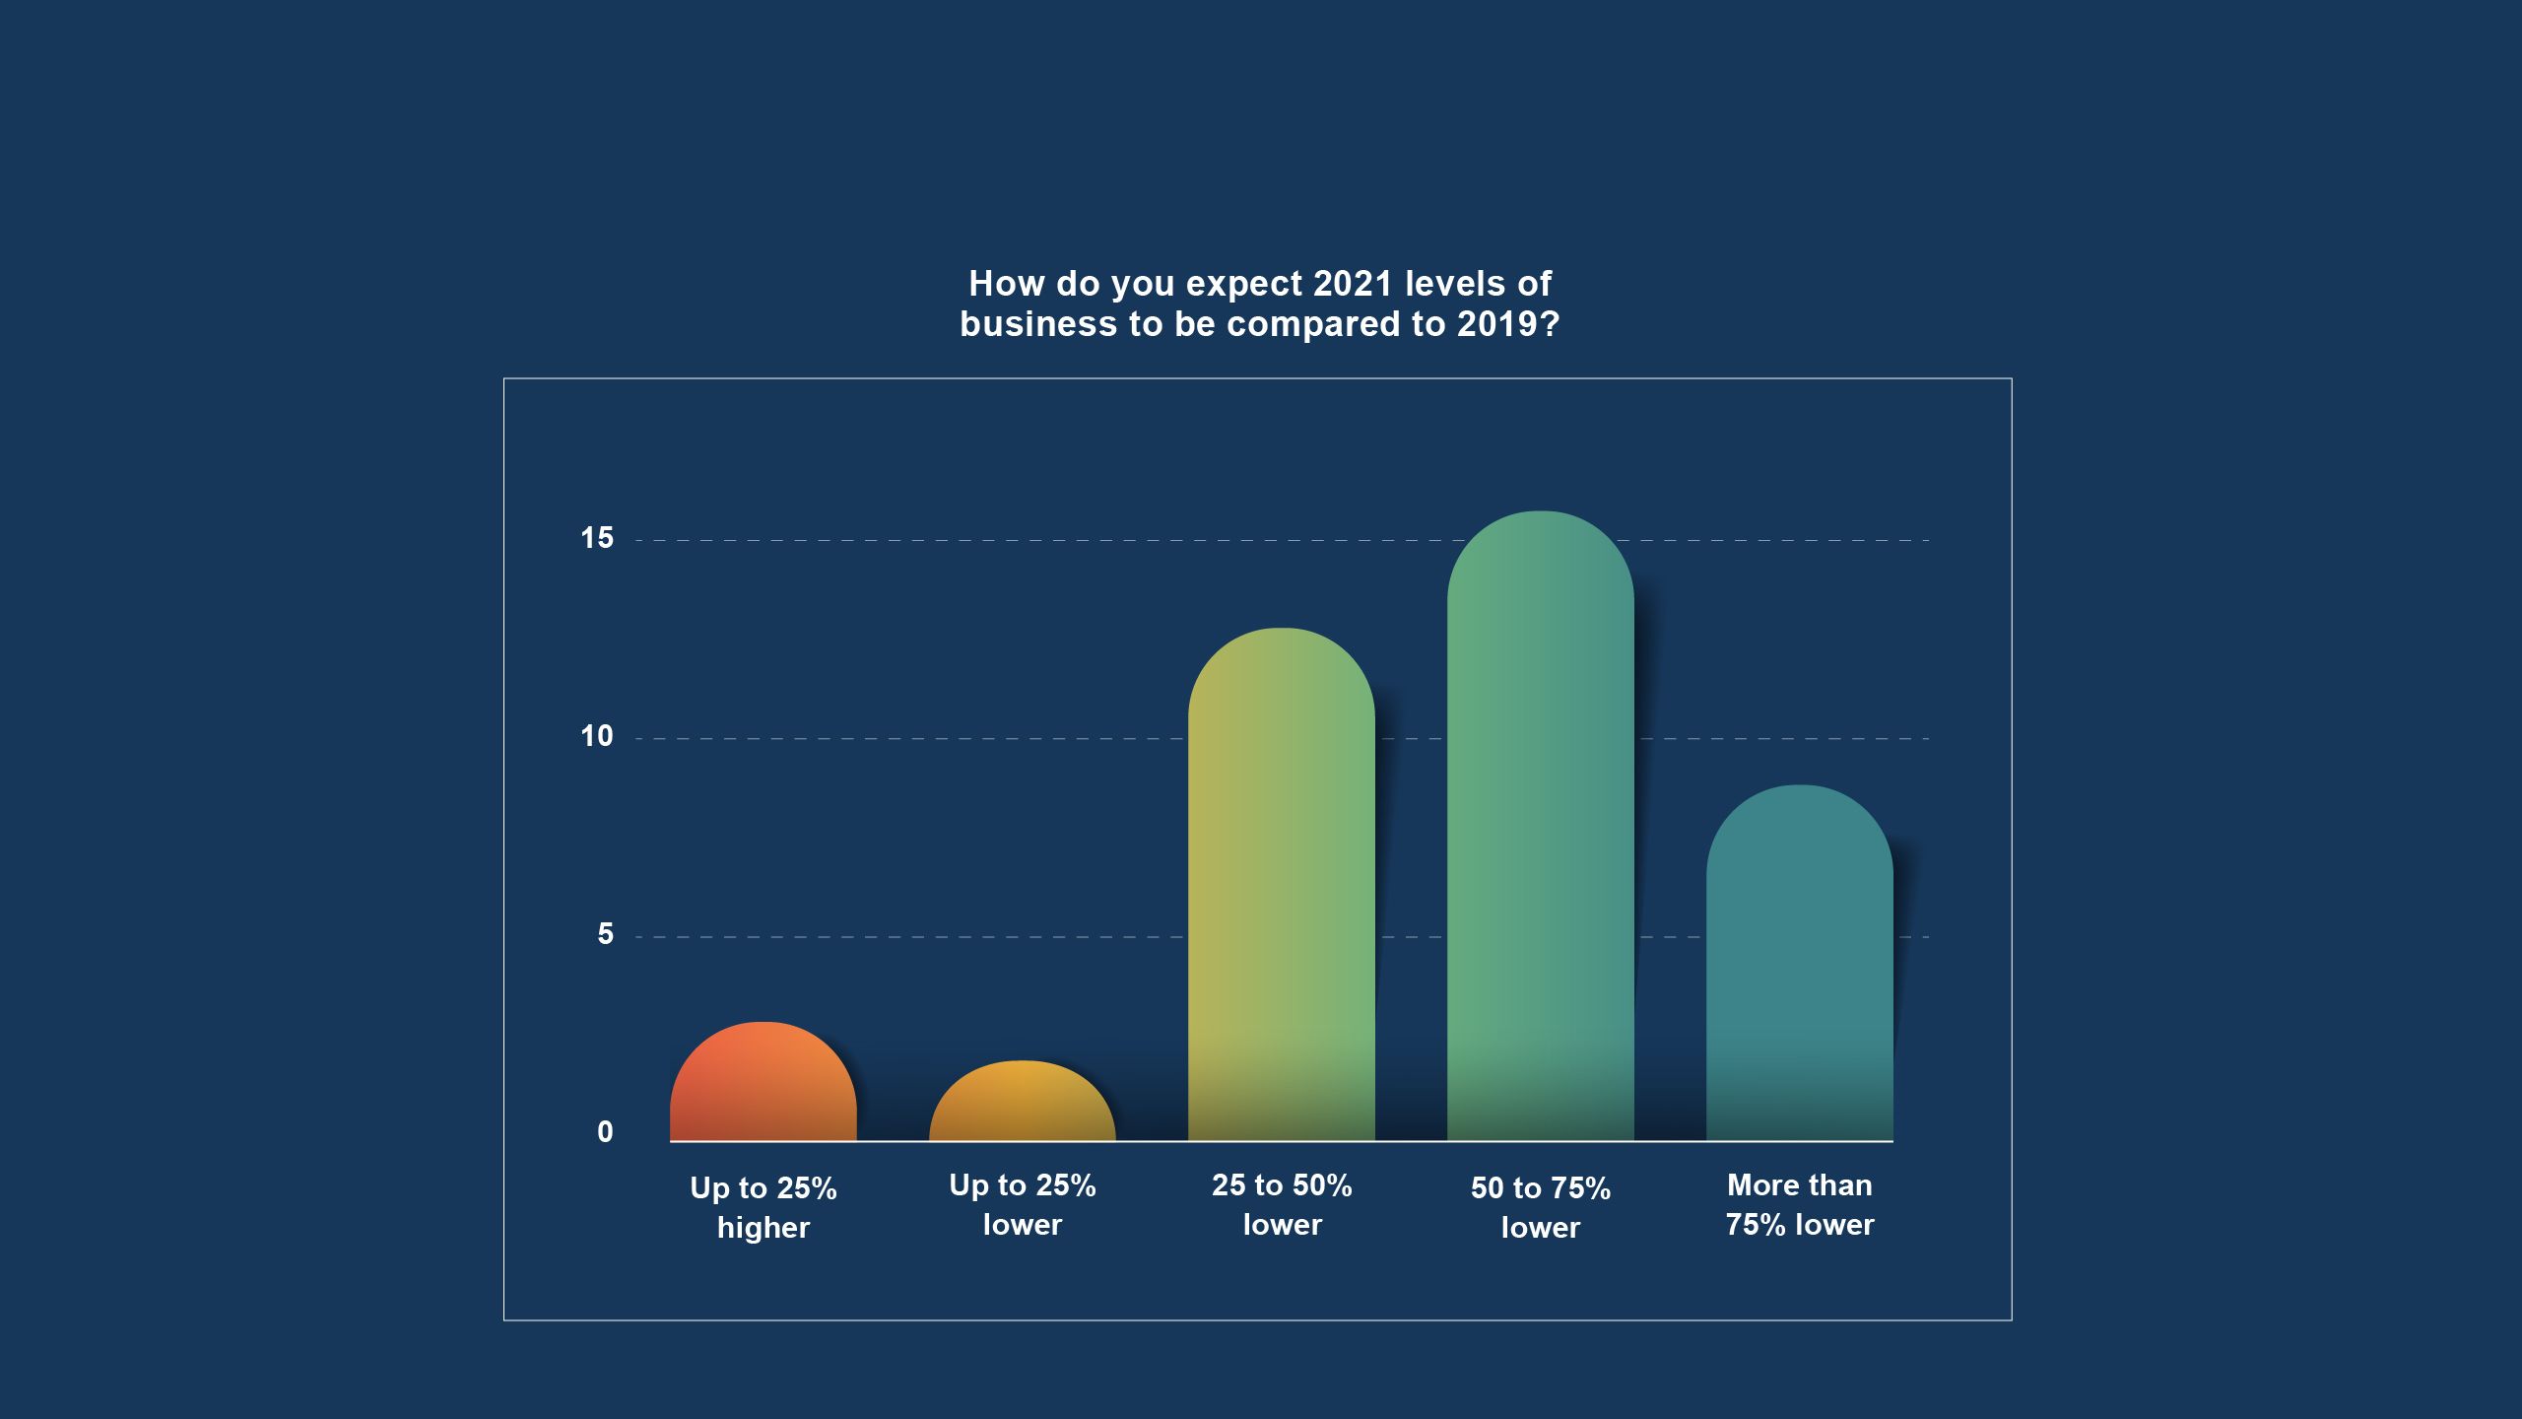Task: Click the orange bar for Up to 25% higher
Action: [x=763, y=1084]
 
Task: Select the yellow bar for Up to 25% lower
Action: [x=1022, y=1104]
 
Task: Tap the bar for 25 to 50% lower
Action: [x=1281, y=887]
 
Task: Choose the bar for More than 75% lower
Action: [x=1799, y=966]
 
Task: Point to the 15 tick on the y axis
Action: [x=597, y=538]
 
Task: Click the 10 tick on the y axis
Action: [x=597, y=736]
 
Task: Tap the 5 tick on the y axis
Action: [x=605, y=934]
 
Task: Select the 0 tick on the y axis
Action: [x=605, y=1132]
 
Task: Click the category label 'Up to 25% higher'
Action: [x=763, y=1207]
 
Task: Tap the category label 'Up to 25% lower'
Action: [x=1022, y=1204]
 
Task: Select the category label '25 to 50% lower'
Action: [x=1281, y=1204]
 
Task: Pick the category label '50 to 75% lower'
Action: [x=1540, y=1207]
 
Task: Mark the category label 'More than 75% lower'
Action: [x=1799, y=1204]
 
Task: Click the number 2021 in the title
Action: [x=1353, y=284]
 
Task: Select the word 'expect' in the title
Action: [x=1243, y=285]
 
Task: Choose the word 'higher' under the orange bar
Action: [x=763, y=1228]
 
